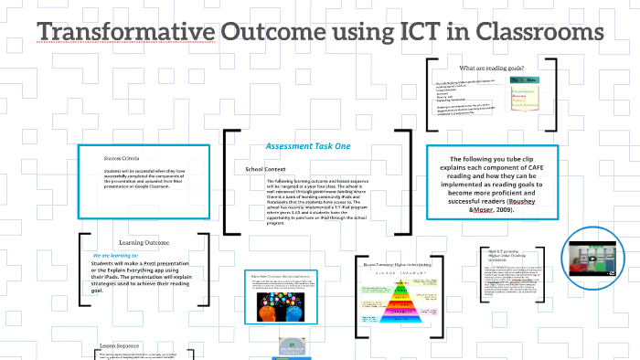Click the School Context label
pyautogui.click(x=267, y=170)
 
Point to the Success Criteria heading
pyautogui.click(x=123, y=157)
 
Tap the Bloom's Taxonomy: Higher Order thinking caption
pyautogui.click(x=399, y=265)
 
